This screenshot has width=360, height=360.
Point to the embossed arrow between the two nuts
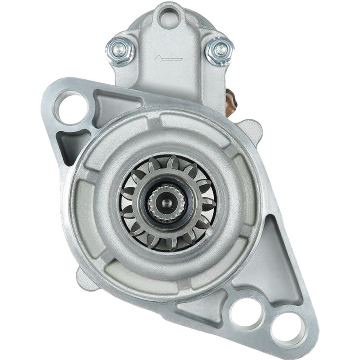tap(168, 59)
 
